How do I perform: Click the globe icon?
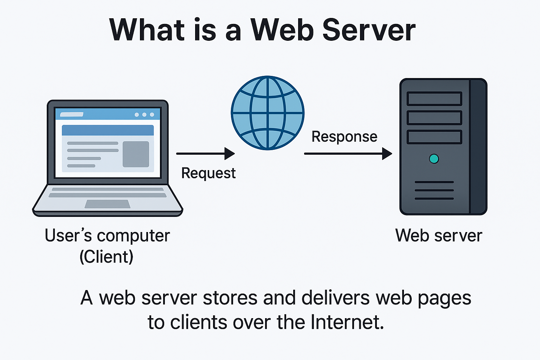(x=268, y=113)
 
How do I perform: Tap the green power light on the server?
(x=434, y=159)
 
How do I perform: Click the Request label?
(x=208, y=173)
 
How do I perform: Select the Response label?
(x=344, y=137)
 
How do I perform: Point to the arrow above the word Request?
(x=205, y=154)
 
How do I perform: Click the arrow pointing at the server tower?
(x=348, y=154)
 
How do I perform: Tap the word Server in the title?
(x=369, y=30)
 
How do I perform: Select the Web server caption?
(x=438, y=236)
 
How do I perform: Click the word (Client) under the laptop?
(x=107, y=257)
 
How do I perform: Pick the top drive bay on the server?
(x=434, y=99)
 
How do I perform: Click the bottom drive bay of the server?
(x=434, y=137)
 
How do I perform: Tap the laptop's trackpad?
(x=108, y=204)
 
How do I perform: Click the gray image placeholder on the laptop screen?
(x=136, y=154)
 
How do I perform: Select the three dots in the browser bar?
(x=144, y=115)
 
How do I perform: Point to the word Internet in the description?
(x=347, y=322)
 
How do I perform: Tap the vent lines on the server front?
(x=434, y=190)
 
